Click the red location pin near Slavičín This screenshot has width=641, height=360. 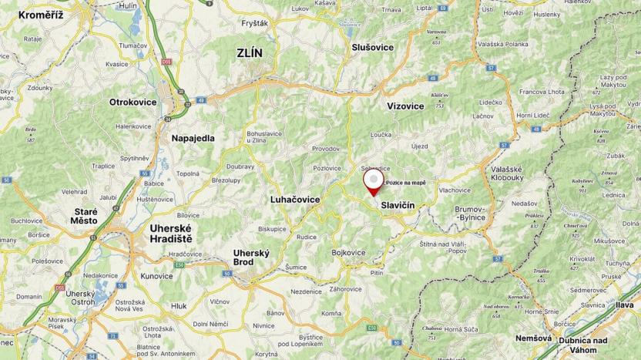pyautogui.click(x=373, y=183)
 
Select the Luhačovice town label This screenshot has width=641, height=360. pyautogui.click(x=295, y=199)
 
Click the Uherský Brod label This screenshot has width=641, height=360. pyautogui.click(x=251, y=257)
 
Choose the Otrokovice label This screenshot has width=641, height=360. pyautogui.click(x=133, y=102)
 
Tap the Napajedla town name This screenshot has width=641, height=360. pyautogui.click(x=193, y=138)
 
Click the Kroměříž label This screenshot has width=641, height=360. pyautogui.click(x=40, y=15)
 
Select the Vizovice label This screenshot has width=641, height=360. pyautogui.click(x=405, y=105)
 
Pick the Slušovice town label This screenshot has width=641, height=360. pyautogui.click(x=373, y=47)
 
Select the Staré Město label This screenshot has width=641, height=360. pyautogui.click(x=85, y=216)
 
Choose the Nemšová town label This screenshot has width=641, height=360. pyautogui.click(x=533, y=338)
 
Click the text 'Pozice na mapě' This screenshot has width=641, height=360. pyautogui.click(x=405, y=183)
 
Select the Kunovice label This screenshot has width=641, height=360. pyautogui.click(x=156, y=275)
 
